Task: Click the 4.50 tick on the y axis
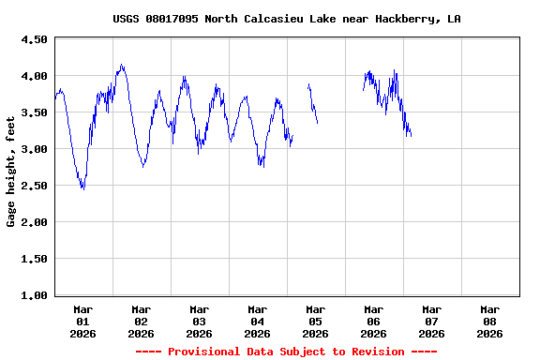35,40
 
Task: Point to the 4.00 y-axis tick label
35,76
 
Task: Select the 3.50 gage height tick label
35,112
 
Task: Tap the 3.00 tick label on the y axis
35,149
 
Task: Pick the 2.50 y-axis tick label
35,186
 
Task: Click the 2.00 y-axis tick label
35,222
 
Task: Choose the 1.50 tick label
35,259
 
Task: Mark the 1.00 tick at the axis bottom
35,295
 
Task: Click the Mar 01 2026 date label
83,321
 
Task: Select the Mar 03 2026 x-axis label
199,321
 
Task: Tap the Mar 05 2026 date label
315,321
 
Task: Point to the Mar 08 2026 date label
489,321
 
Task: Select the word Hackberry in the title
408,19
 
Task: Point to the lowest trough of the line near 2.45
82,188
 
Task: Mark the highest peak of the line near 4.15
122,65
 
